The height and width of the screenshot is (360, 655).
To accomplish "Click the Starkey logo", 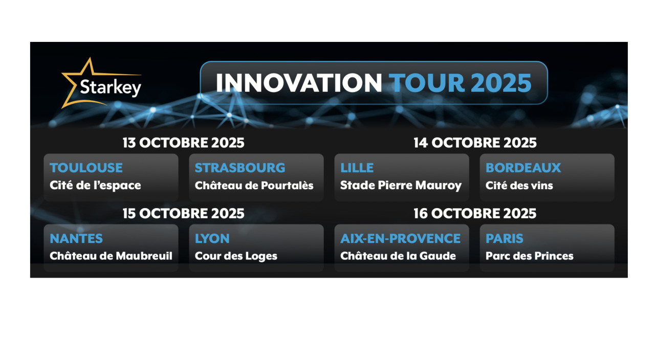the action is tap(101, 83).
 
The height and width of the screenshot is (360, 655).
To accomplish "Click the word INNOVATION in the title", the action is tap(299, 83).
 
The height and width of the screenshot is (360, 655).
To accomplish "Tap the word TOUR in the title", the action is tap(427, 83).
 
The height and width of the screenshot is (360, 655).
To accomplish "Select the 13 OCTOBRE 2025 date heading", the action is tap(183, 143).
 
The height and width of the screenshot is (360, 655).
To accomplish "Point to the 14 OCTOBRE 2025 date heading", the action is tap(475, 143).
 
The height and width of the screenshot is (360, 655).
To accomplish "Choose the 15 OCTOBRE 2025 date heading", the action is tap(183, 214).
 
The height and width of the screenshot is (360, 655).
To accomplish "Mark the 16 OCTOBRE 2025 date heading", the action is tap(475, 214).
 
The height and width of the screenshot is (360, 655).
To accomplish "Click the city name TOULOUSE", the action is tap(86, 168).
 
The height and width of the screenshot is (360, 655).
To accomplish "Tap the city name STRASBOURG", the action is tap(240, 168).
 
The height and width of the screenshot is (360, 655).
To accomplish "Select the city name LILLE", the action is tap(357, 168).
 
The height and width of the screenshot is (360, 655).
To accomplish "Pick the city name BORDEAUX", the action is tap(523, 168).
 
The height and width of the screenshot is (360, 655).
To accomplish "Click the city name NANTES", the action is tap(76, 238).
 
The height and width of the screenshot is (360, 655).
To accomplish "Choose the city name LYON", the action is tap(212, 238).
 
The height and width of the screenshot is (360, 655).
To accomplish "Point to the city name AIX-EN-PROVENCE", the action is tap(401, 238).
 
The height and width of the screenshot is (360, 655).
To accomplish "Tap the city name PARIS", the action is tap(505, 238).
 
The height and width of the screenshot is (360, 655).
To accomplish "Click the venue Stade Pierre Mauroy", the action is tap(401, 186).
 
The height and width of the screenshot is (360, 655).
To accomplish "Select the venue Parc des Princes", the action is tap(530, 256).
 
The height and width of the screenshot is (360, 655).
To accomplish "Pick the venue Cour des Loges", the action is tap(236, 256).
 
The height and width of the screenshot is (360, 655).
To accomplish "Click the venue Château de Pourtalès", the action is tap(254, 185).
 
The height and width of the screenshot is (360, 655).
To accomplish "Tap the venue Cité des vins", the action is tap(519, 185).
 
